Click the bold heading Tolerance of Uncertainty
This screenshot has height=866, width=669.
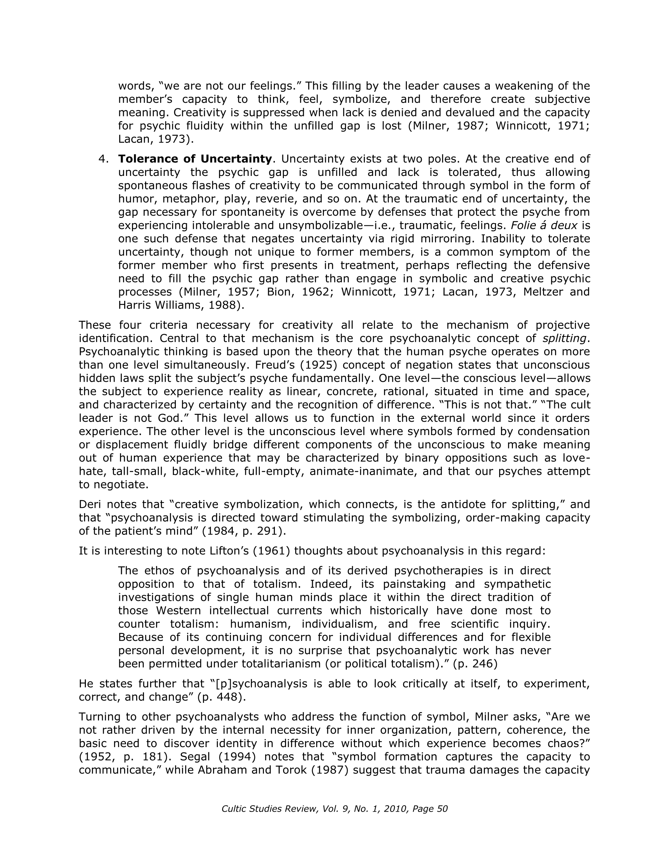click(195, 159)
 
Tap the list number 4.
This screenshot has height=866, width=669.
click(103, 159)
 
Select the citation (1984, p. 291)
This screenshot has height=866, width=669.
click(244, 531)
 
